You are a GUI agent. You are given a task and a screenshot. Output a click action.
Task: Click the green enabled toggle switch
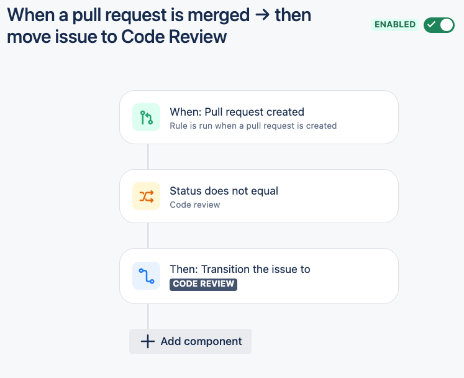(439, 25)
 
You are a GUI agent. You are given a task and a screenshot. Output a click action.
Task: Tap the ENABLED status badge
(395, 25)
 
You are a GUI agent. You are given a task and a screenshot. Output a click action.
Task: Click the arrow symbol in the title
(263, 15)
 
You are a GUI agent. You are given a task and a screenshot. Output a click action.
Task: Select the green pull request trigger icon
(146, 118)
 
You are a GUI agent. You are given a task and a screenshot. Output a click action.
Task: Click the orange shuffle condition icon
(146, 196)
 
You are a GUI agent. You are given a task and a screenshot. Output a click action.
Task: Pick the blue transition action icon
(146, 276)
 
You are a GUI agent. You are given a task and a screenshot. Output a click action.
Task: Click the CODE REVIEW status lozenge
(203, 284)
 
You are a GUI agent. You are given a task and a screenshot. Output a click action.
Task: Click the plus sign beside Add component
(148, 341)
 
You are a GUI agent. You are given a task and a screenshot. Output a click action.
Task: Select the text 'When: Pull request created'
(237, 112)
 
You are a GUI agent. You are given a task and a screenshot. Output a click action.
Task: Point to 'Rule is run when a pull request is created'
(253, 126)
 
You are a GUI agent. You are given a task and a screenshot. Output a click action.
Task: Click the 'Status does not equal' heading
(224, 191)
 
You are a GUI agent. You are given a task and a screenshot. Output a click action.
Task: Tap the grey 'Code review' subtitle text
(195, 205)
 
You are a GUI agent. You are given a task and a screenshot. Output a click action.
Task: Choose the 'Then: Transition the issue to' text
(240, 269)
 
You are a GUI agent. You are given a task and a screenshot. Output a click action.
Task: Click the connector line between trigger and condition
(148, 157)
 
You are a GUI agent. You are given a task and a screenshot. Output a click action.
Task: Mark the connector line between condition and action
(148, 236)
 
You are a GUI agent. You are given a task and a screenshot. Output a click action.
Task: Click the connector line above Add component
(148, 316)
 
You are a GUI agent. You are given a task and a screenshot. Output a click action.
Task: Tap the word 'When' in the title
(31, 15)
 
